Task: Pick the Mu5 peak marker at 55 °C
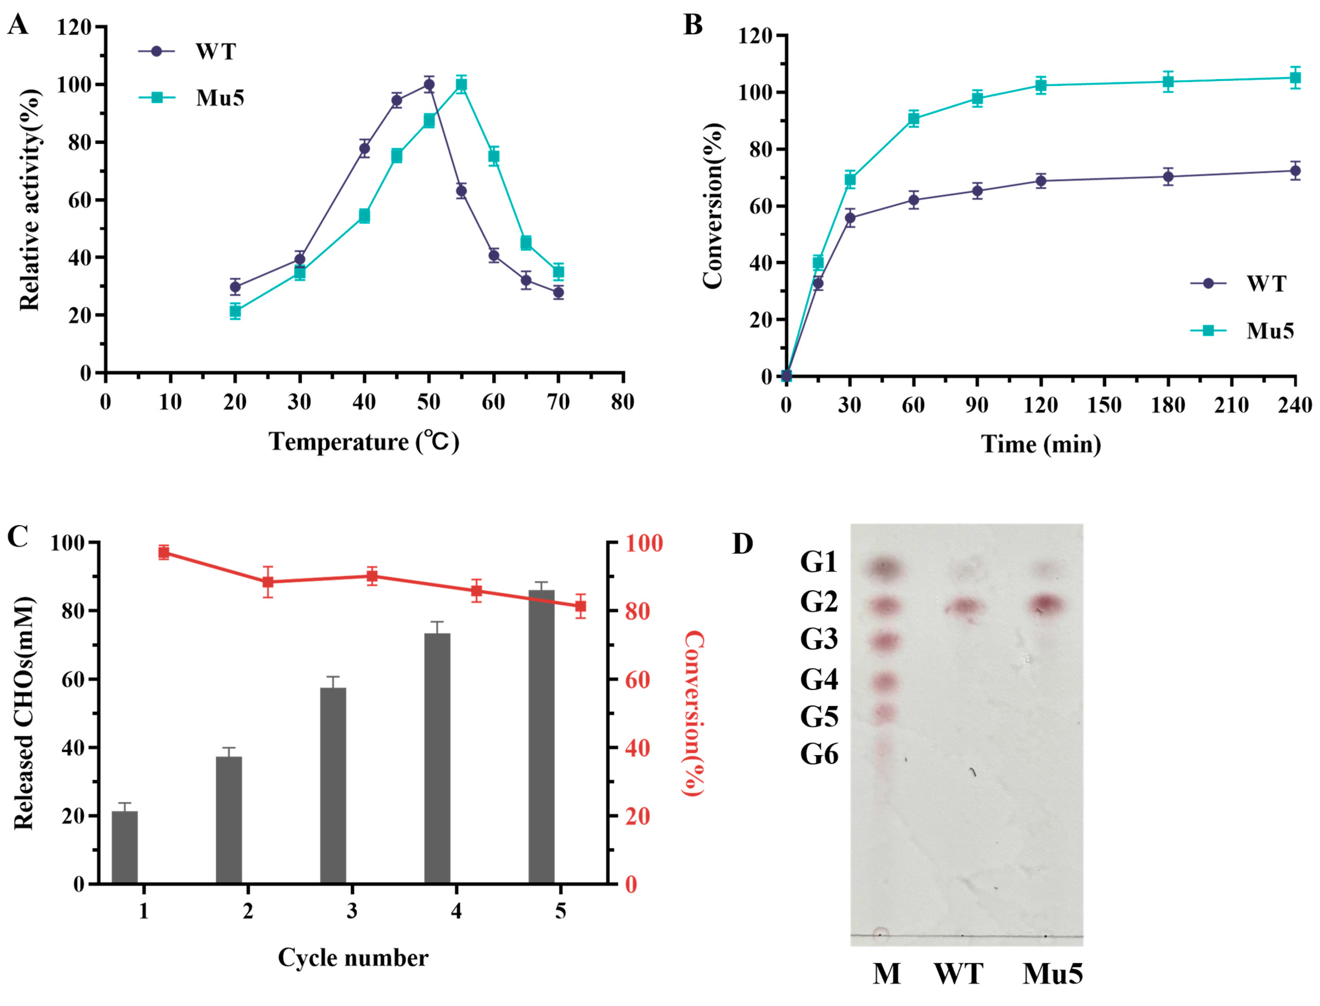[461, 84]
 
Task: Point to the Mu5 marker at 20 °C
[235, 311]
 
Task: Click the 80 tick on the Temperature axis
[623, 402]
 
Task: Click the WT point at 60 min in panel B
[913, 200]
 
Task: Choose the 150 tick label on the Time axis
[1104, 405]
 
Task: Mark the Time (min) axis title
[1041, 444]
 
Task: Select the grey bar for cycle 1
[125, 847]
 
